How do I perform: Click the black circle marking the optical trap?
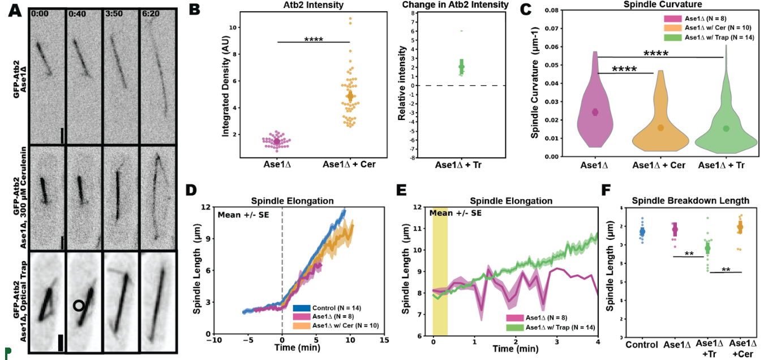point(80,306)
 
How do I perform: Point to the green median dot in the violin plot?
point(726,128)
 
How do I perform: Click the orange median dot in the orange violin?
point(660,127)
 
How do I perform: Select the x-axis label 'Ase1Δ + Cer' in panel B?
point(349,165)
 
